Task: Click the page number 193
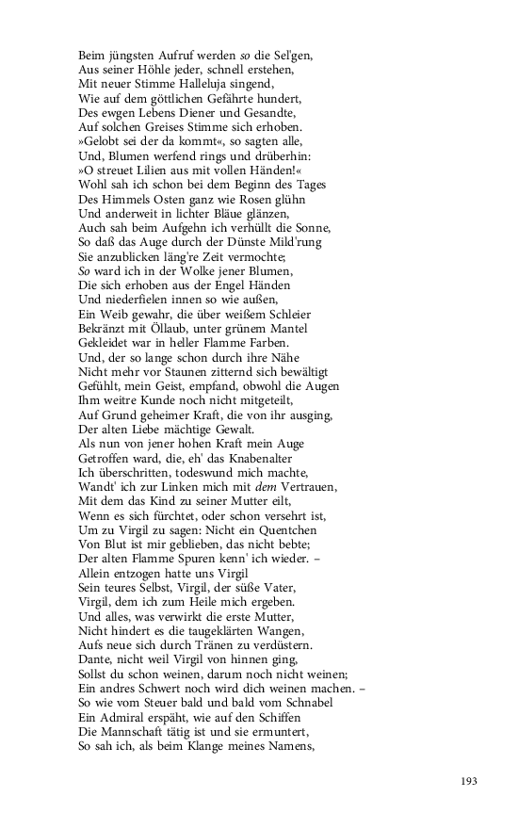point(470,781)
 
